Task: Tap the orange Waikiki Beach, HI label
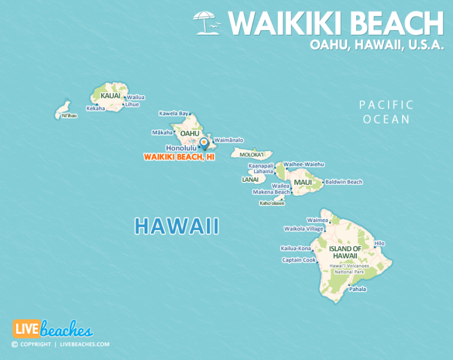tap(179, 157)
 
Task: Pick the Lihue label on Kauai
tap(132, 104)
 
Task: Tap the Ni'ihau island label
tap(69, 116)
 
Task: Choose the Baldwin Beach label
tap(343, 182)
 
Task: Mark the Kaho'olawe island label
tap(272, 203)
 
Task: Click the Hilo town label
tap(379, 243)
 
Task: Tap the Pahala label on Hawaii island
tap(357, 289)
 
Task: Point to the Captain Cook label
tap(298, 260)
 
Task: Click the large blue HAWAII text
tap(176, 226)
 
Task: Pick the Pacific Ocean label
tap(386, 112)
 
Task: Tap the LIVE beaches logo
tap(52, 329)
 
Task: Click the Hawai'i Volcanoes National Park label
tap(346, 270)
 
